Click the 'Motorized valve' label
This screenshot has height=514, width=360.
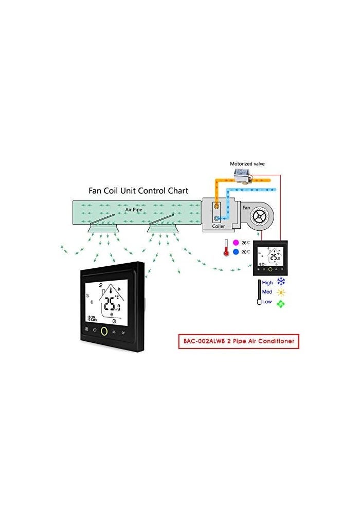tap(247, 164)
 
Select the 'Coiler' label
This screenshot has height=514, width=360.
tap(219, 227)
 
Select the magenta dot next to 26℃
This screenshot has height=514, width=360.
tap(236, 242)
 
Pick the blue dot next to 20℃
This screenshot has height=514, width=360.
tap(236, 252)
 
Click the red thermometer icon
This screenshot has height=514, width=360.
tap(225, 248)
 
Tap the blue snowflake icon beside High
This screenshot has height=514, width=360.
tap(281, 282)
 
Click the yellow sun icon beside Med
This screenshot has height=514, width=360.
tap(281, 292)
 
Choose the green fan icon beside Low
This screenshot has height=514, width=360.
tap(281, 303)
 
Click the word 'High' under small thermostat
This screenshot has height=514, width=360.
tap(267, 282)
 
